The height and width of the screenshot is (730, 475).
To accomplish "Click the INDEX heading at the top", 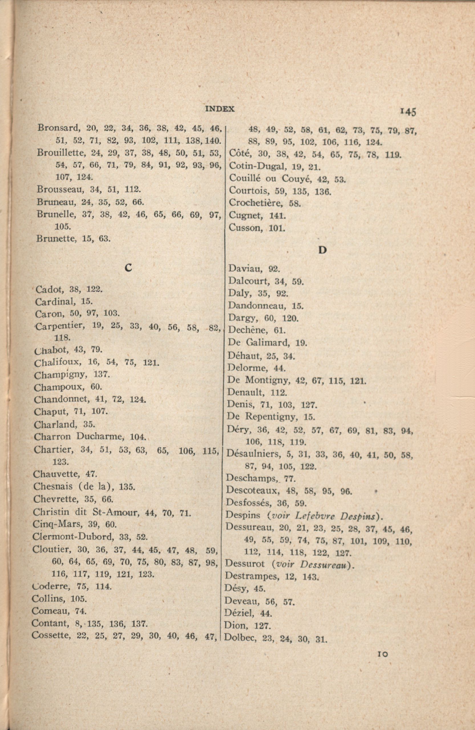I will pyautogui.click(x=220, y=109).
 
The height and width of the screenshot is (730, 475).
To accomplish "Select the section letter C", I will pyautogui.click(x=128, y=268).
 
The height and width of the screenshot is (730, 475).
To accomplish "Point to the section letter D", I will pyautogui.click(x=322, y=250).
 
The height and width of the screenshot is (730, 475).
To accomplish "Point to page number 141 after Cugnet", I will pyautogui.click(x=278, y=216).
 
